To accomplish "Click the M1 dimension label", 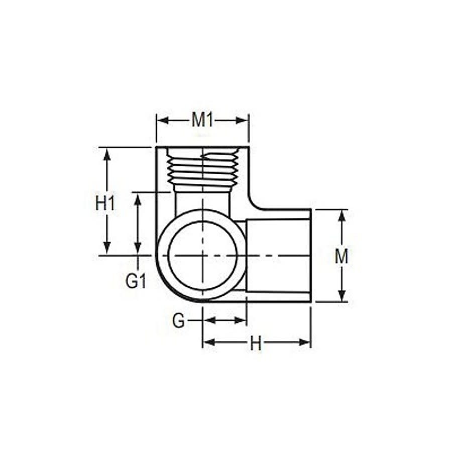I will coord(202,121).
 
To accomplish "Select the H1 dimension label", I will coord(106,203).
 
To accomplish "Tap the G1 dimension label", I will coord(136,281).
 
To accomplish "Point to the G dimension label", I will coord(178,320).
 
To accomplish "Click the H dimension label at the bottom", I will coord(256,344).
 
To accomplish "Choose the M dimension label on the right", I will coord(342,257).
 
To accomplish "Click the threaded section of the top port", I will coord(202,170).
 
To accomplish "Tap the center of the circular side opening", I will coord(202,255).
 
